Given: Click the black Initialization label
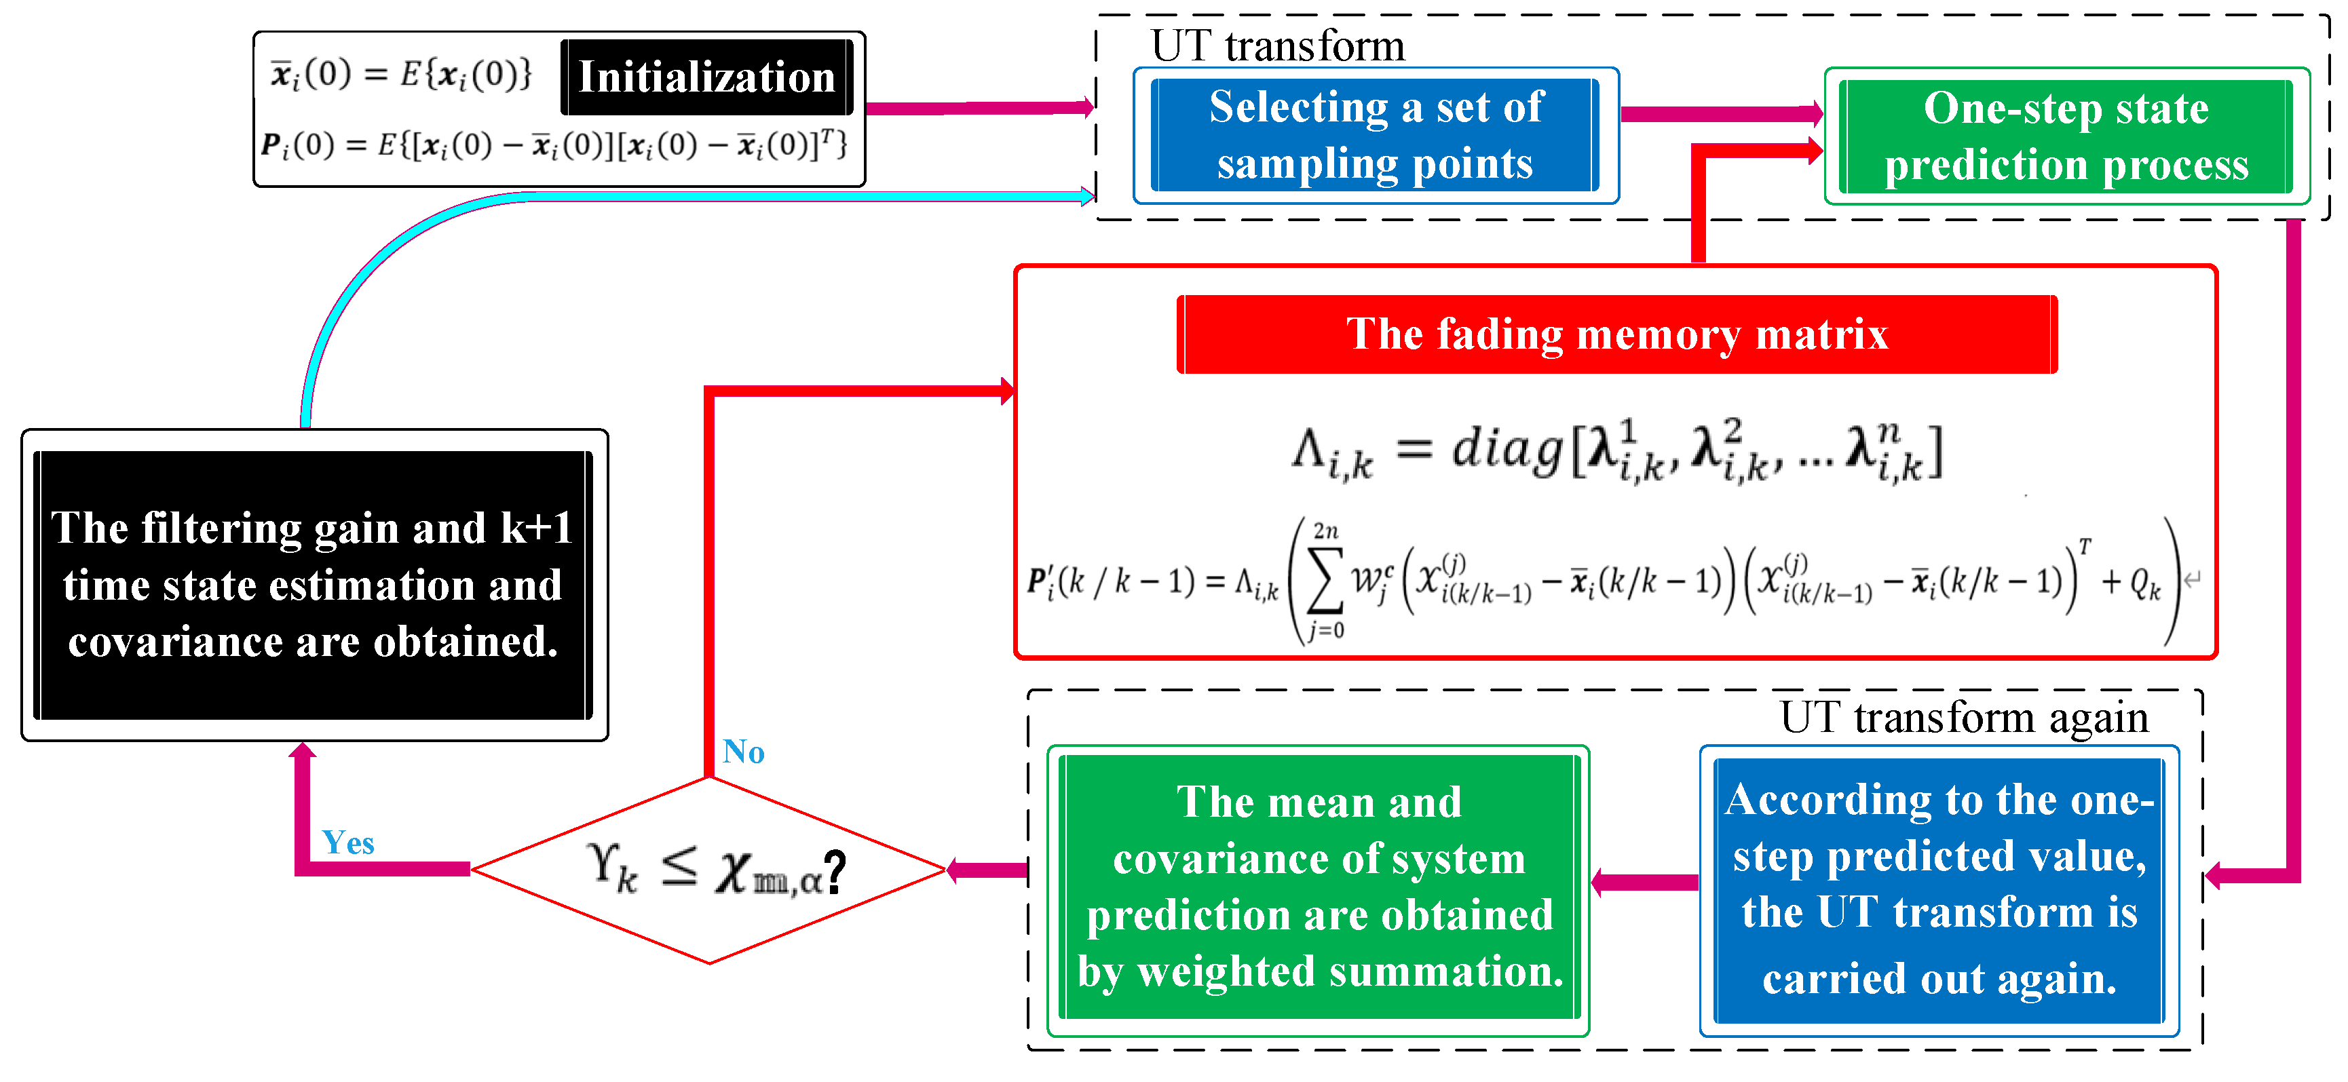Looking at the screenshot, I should click(706, 77).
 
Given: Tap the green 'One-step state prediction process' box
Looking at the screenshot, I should click(2066, 137).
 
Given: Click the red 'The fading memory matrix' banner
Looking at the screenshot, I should click(1616, 334).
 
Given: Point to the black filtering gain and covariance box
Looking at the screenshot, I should click(313, 585).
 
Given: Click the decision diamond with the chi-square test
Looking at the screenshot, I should click(709, 870).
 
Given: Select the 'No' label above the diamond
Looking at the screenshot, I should click(743, 752).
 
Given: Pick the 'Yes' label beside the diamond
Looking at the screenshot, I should click(348, 843).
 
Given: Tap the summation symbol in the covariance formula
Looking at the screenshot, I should click(1325, 581).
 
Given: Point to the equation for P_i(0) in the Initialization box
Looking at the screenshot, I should click(553, 145).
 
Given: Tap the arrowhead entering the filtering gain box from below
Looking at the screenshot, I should click(303, 751).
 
